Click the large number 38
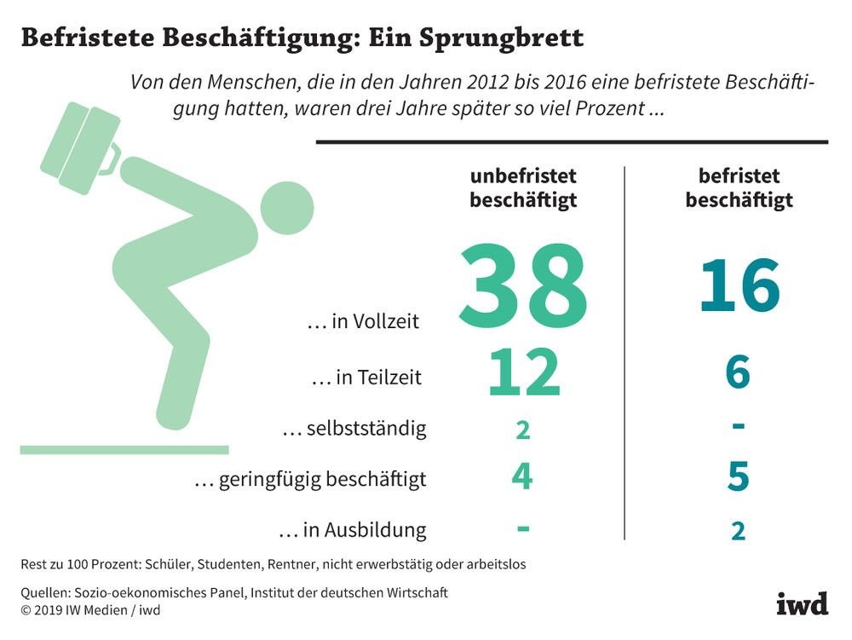click(x=523, y=286)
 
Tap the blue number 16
click(x=740, y=285)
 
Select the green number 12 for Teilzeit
click(x=524, y=372)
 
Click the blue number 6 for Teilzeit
click(x=738, y=372)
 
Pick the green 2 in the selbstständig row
click(x=523, y=430)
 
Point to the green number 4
click(x=522, y=476)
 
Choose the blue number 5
click(x=738, y=476)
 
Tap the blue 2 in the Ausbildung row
click(x=738, y=531)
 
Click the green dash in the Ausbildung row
click(x=523, y=528)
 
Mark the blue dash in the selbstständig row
click(x=738, y=425)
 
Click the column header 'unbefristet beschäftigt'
click(x=523, y=188)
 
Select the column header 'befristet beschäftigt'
click(x=739, y=188)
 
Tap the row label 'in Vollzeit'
click(x=363, y=321)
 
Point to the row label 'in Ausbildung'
click(x=353, y=530)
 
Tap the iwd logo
click(x=802, y=603)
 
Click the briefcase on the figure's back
click(x=80, y=147)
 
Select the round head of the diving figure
click(x=287, y=208)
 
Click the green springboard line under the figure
click(x=124, y=450)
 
